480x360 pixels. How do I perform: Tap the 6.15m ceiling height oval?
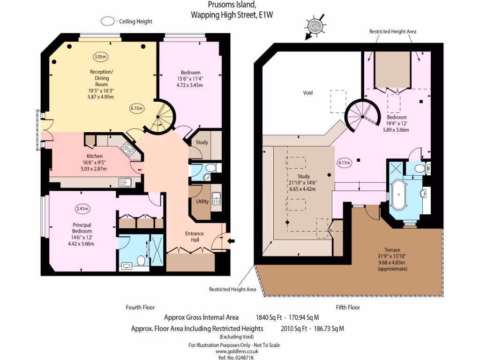click(x=136, y=108)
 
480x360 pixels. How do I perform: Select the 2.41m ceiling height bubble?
click(x=82, y=209)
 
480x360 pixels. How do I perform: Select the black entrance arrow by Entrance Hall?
click(x=232, y=241)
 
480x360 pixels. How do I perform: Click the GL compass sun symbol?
click(x=315, y=27)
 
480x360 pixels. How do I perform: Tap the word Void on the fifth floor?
click(x=307, y=93)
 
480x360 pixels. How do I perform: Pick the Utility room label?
click(x=202, y=201)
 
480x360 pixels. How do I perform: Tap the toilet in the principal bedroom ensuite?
click(x=140, y=259)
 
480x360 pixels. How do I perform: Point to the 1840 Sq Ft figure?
click(x=269, y=317)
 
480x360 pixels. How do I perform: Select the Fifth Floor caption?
click(x=347, y=307)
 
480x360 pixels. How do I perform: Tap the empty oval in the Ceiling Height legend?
click(x=108, y=21)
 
